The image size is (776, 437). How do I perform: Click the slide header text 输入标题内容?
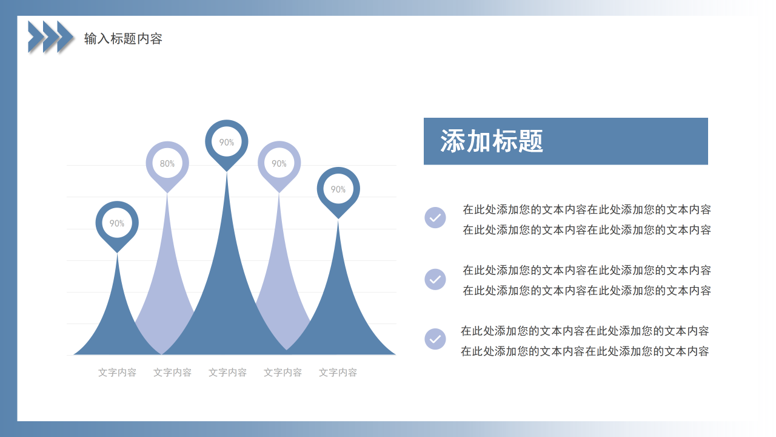point(123,39)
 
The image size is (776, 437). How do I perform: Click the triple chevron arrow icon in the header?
point(51,36)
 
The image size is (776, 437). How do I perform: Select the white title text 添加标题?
point(492,141)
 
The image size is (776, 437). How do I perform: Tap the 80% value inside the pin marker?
point(167,163)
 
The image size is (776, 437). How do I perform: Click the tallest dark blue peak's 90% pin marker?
point(227,142)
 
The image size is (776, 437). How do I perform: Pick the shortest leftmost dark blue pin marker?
point(117,223)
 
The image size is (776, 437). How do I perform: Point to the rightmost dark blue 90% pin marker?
point(338,189)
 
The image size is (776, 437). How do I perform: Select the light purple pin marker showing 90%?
point(279,163)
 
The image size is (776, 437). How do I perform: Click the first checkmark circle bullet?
point(435,217)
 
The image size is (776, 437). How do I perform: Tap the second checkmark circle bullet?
point(435,279)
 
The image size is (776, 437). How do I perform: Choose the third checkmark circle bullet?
point(435,339)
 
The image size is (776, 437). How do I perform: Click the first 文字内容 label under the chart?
point(117,372)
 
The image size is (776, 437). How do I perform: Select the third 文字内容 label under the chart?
point(227,372)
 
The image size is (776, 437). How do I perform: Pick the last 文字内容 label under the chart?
point(338,372)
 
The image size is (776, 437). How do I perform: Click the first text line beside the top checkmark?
point(587,209)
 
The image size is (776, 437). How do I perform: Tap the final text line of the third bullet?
point(584,351)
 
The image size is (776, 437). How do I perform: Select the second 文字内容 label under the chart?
point(172,372)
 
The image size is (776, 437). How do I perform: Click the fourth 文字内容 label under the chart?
point(283,372)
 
